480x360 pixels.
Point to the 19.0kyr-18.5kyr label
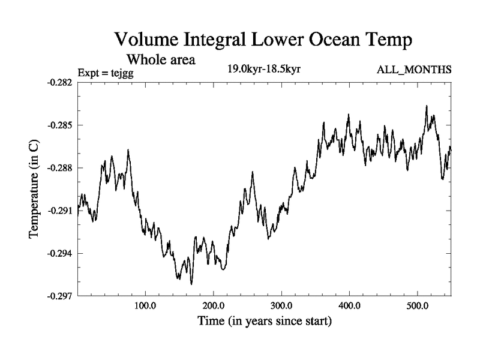tap(263, 69)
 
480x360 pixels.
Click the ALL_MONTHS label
tap(413, 70)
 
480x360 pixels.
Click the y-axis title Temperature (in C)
tap(35, 189)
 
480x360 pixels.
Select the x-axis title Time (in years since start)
tap(265, 322)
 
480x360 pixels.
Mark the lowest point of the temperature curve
tap(191, 284)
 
